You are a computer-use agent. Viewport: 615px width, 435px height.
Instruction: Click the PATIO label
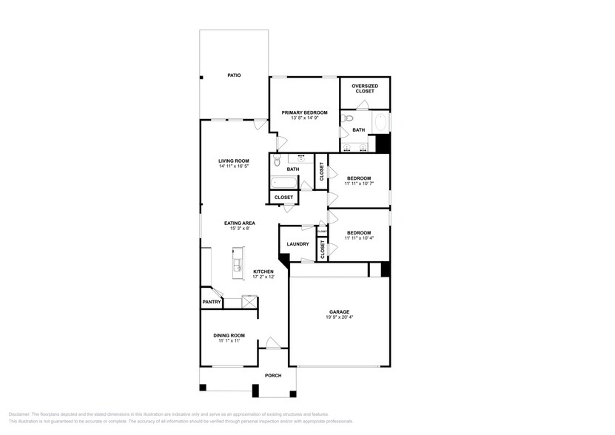(x=234, y=75)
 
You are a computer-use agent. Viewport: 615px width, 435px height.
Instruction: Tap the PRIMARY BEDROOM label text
(x=304, y=112)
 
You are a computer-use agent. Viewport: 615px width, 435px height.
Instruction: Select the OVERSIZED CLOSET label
(x=364, y=89)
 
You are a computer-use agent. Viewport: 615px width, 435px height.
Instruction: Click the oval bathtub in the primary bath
(x=380, y=121)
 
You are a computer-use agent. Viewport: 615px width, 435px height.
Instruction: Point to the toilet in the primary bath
(x=349, y=118)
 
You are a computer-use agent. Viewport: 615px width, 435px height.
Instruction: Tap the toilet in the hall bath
(x=276, y=161)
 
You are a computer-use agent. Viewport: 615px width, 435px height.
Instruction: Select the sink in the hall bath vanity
(x=302, y=158)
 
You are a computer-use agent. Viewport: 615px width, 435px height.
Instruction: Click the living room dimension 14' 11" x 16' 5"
(x=233, y=166)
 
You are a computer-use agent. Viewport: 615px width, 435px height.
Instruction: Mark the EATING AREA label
(x=240, y=223)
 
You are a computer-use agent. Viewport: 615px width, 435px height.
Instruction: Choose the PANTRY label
(x=211, y=302)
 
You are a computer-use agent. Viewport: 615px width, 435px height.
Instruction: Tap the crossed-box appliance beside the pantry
(x=249, y=302)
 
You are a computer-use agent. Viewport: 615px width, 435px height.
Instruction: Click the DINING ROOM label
(x=231, y=335)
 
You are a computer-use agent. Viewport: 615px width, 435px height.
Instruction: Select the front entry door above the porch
(x=273, y=343)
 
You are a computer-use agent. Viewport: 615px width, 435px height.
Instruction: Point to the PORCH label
(x=274, y=374)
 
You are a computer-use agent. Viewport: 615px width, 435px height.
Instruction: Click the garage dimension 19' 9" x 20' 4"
(x=339, y=318)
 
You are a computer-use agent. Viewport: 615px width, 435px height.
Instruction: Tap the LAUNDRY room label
(x=298, y=244)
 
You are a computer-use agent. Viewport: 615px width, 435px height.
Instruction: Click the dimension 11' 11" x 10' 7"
(x=359, y=184)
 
